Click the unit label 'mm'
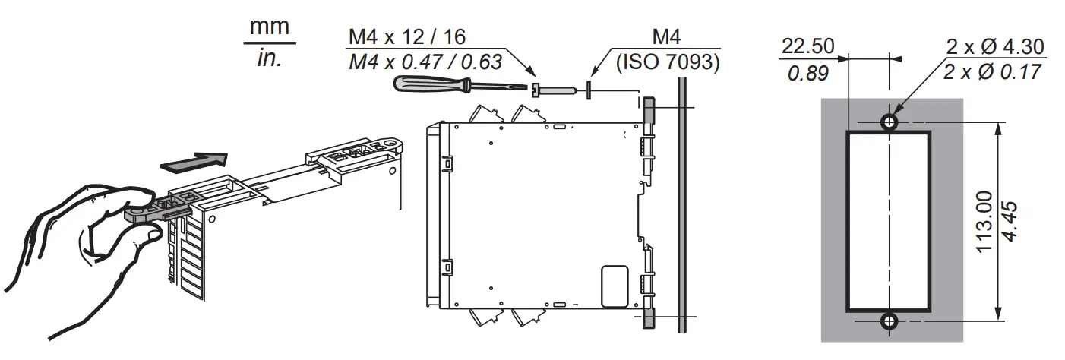[x=270, y=27]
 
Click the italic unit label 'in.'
[x=269, y=59]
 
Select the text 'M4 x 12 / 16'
[x=407, y=36]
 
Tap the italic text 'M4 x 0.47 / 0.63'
[x=425, y=62]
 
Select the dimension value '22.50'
[x=807, y=46]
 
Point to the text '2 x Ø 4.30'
[x=994, y=47]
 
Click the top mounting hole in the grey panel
[x=888, y=122]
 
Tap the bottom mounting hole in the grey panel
[x=888, y=321]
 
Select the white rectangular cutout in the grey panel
[x=888, y=222]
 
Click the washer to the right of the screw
[x=590, y=90]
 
